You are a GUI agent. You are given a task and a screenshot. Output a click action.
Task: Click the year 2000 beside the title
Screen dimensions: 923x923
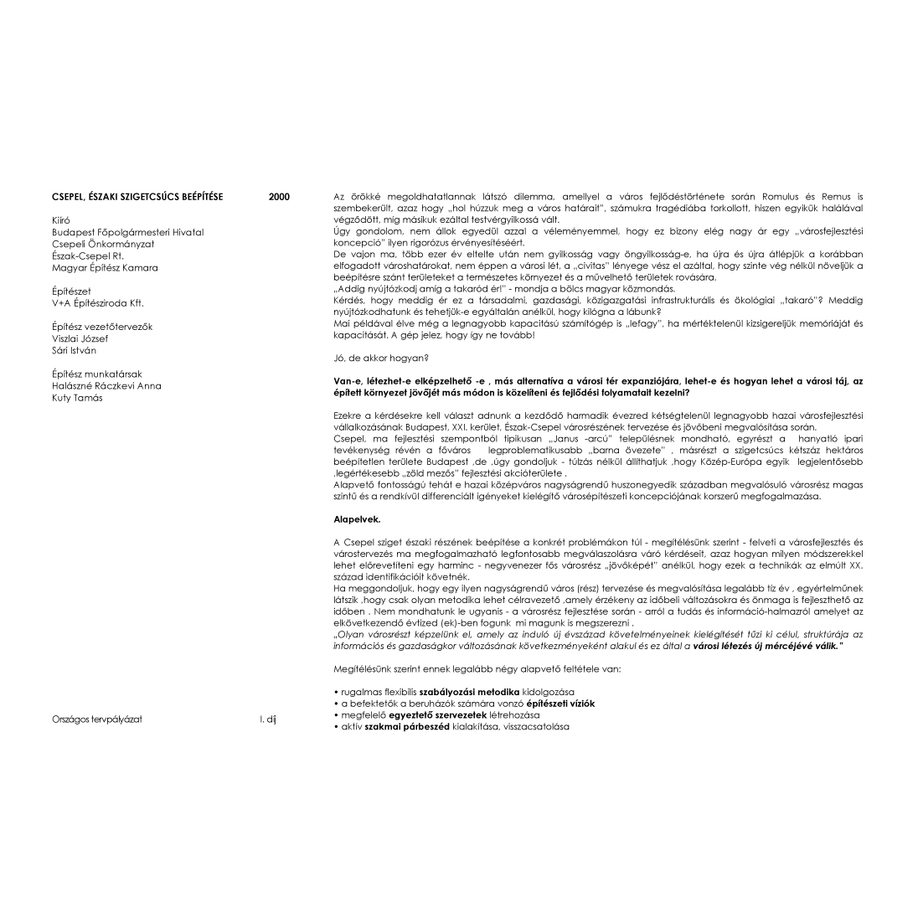pos(279,197)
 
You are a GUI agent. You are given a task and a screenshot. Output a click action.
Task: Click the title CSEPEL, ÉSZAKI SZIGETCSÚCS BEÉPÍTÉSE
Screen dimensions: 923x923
pos(137,197)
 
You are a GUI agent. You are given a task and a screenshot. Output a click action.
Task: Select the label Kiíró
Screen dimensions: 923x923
pos(61,220)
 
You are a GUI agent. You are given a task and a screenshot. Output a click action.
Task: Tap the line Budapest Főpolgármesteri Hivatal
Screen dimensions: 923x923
pos(127,232)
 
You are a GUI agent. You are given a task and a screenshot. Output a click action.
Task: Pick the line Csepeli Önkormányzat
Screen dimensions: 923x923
pos(103,244)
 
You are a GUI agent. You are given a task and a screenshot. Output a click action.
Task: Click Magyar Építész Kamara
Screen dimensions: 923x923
pos(105,268)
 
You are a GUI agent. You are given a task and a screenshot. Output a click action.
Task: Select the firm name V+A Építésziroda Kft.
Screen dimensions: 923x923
pos(97,303)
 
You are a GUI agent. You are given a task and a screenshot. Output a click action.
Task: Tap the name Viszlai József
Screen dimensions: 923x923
pos(80,338)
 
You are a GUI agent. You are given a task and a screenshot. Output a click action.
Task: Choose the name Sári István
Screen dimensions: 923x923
pos(75,350)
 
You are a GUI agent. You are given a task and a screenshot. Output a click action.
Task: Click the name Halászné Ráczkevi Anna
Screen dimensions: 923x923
pos(106,386)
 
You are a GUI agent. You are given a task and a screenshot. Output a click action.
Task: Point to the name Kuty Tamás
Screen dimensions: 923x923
pos(77,398)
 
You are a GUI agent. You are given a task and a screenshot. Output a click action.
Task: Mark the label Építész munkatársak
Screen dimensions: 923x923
pos(96,374)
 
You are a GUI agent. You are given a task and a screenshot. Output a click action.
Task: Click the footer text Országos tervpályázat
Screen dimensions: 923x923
pos(96,719)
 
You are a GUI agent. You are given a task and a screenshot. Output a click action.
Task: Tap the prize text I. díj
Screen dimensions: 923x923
pos(267,719)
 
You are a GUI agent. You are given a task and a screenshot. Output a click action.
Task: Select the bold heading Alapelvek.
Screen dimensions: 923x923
pos(357,519)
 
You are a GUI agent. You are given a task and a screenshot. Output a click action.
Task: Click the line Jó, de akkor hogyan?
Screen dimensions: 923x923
pos(369,358)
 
